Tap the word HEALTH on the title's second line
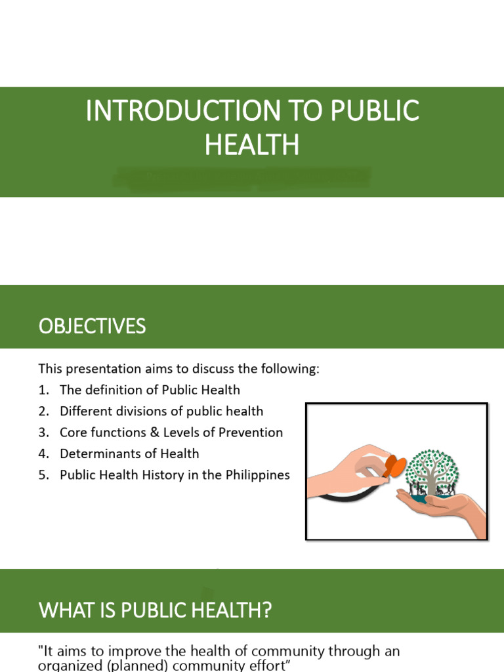point(252,145)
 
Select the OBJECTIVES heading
point(92,326)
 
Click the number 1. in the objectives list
point(44,390)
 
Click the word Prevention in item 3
point(252,432)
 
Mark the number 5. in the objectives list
point(44,474)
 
